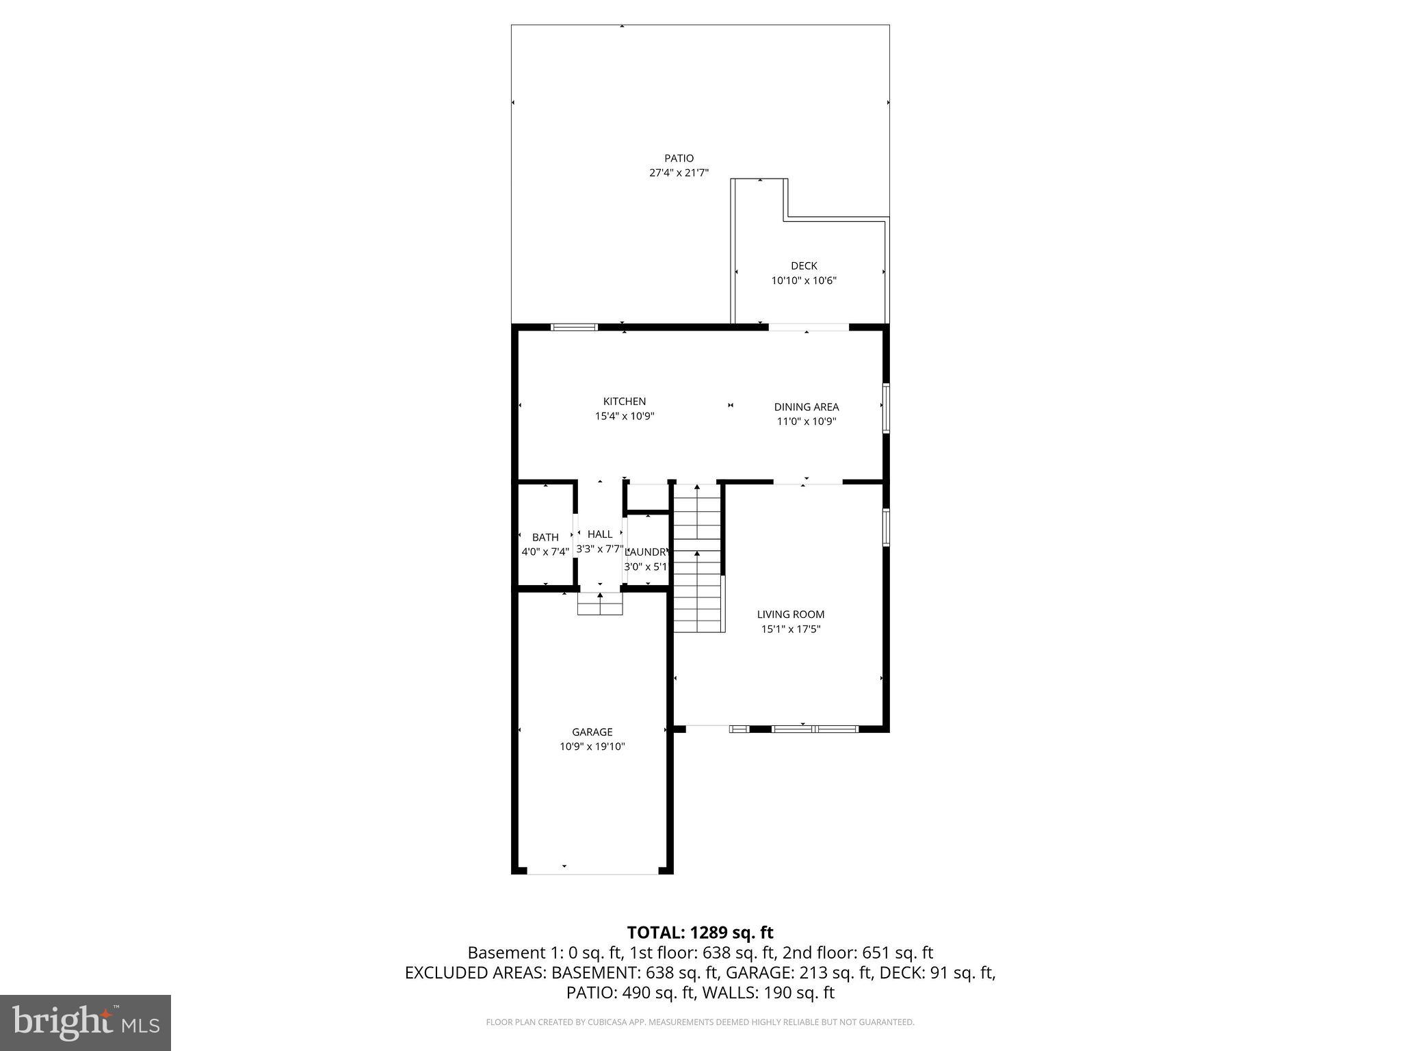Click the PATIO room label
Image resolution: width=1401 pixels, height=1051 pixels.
pos(679,158)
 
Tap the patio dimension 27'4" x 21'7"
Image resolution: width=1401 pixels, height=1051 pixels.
pos(679,173)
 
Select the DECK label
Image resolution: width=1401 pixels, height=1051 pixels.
pos(804,265)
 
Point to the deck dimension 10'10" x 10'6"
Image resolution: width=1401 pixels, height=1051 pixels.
pos(804,281)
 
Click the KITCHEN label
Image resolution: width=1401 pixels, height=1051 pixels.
pos(624,402)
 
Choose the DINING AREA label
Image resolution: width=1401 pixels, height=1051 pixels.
pos(806,407)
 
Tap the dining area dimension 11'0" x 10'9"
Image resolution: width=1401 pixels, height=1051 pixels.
pos(806,421)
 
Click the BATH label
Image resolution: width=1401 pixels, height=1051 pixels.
pos(545,537)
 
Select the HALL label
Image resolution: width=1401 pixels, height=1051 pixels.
pos(600,534)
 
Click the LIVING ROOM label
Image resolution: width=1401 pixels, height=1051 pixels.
pos(790,614)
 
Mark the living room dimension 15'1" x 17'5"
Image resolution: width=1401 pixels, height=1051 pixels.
pos(790,630)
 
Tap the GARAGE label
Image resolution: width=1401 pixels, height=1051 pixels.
pos(592,732)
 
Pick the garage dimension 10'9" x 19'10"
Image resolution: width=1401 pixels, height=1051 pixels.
pos(592,747)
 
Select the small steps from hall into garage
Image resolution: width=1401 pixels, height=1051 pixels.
pos(600,604)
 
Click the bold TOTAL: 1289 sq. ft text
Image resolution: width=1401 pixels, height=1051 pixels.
pos(700,933)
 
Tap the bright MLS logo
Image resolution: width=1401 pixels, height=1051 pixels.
pos(86,1023)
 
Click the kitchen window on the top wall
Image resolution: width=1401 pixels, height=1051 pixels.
pos(574,327)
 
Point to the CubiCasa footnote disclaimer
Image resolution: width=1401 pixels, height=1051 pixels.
pos(700,1022)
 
